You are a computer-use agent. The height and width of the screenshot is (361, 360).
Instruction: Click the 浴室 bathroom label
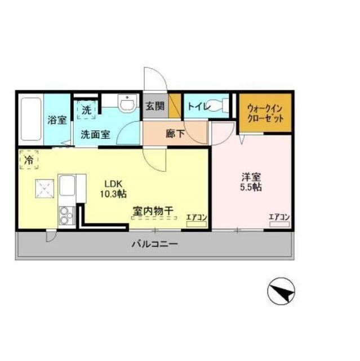coord(57,120)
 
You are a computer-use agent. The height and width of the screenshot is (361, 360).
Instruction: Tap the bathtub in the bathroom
coord(31,120)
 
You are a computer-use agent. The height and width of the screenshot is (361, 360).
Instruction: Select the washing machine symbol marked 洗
coord(86,110)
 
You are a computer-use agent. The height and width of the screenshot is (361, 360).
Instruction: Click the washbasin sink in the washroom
coord(127,103)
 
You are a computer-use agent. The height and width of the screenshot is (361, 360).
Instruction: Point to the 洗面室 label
coord(95,135)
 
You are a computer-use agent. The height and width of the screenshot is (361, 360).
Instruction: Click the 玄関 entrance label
coord(155,107)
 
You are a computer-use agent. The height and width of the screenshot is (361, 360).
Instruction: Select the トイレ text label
coord(199,107)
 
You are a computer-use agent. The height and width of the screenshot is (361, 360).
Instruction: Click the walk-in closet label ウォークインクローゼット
coord(265,113)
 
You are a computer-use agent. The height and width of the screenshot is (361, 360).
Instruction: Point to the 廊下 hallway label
coord(175,134)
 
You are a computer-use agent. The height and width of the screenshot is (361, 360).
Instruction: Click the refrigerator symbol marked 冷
coord(29,160)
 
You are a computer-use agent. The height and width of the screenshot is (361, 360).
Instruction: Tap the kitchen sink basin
coord(67,186)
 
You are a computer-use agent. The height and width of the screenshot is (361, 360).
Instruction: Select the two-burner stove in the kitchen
coord(67,215)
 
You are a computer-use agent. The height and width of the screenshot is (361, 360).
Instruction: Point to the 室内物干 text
coord(153,211)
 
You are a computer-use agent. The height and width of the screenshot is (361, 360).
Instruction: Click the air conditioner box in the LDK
coord(196,224)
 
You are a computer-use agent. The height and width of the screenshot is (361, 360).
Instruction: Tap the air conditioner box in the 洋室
coord(279,224)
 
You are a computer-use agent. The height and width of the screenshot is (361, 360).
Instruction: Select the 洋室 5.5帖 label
coord(251,182)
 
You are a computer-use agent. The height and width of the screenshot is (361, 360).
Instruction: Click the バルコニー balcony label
coord(155,244)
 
